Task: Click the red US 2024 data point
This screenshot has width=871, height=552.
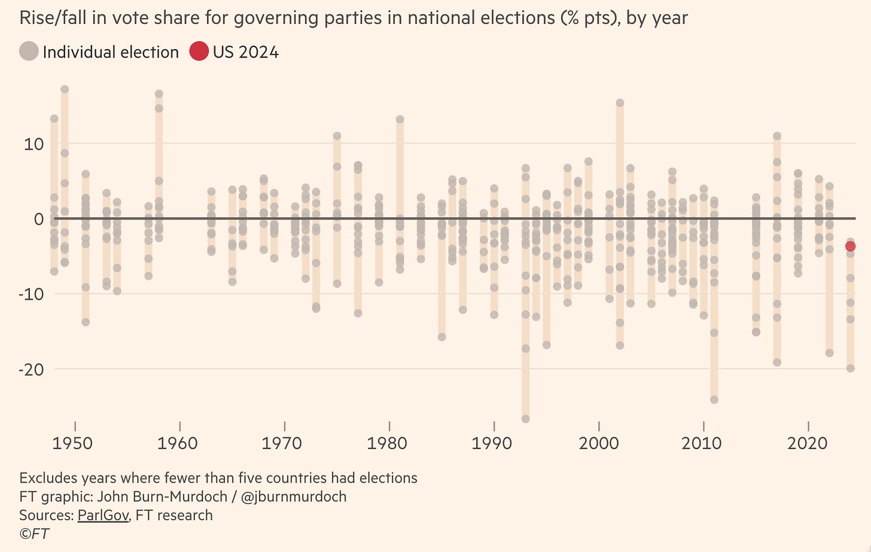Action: coord(850,246)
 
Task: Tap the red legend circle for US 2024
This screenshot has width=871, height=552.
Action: coord(199,51)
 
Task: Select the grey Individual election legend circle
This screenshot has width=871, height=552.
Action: coord(29,51)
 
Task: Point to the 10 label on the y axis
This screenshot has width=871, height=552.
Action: coord(34,144)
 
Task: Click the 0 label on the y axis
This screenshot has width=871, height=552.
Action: coord(39,219)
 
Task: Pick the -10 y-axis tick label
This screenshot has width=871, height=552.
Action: coord(31,294)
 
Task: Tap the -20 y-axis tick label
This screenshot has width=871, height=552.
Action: coord(31,370)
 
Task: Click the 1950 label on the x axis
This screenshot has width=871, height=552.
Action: coord(72,443)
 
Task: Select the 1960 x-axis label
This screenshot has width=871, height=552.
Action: coord(177,443)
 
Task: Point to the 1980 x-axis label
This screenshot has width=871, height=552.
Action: coord(387,443)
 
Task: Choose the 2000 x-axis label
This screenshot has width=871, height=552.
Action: coord(599,443)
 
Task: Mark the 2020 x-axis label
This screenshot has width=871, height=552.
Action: coord(808,443)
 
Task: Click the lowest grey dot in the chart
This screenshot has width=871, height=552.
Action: coord(526,419)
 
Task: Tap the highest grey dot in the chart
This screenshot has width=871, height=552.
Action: coord(65,89)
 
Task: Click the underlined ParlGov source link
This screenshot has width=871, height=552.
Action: coord(103,515)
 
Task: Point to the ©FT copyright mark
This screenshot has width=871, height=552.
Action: coord(34,533)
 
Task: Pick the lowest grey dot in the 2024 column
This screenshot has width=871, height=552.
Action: coord(850,368)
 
